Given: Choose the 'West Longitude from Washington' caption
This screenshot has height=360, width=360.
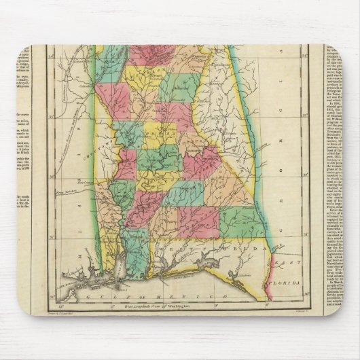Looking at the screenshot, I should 161,305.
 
